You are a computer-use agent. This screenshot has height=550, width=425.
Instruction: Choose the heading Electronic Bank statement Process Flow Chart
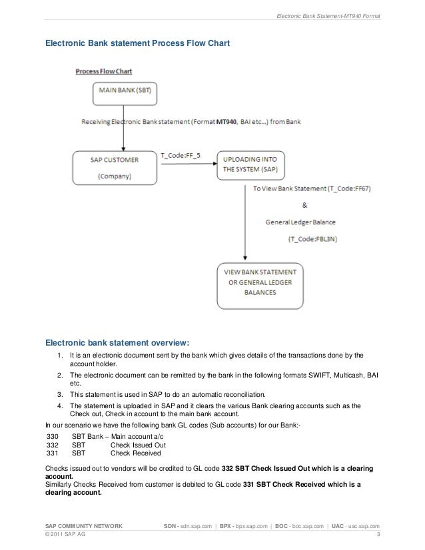[x=137, y=43]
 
